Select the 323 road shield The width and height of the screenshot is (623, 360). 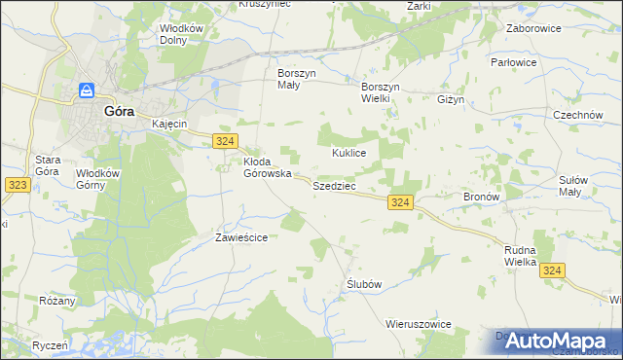click(16, 183)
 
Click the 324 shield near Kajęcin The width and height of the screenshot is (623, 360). click(225, 141)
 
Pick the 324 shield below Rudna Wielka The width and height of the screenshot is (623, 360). click(552, 270)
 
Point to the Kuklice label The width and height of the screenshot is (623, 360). click(348, 154)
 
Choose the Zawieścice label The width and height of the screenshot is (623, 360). click(240, 236)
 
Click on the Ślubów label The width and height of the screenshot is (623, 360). click(363, 283)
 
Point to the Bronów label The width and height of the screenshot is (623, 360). click(481, 197)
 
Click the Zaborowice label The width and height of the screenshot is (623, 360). click(536, 29)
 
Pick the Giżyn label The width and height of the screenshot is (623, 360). click(453, 99)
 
